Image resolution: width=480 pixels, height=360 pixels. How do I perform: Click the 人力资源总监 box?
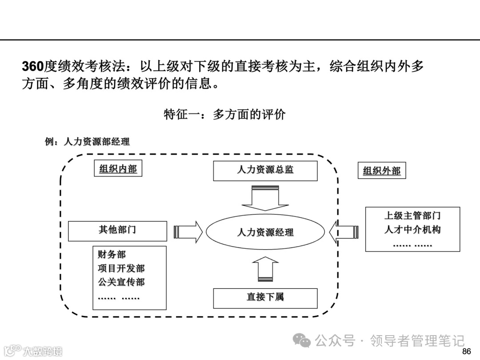pos(265,171)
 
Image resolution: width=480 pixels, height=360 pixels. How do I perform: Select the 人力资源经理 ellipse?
pos(265,232)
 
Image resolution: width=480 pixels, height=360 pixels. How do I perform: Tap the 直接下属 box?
pos(265,298)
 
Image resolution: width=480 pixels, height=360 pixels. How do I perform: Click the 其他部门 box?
pos(117,231)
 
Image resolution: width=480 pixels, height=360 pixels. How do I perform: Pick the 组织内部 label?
pos(118,169)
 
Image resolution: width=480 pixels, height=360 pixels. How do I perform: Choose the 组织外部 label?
pos(382,171)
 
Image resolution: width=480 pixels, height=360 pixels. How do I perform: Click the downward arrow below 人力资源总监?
pos(265,198)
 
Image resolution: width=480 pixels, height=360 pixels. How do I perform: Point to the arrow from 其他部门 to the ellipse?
pos(188,232)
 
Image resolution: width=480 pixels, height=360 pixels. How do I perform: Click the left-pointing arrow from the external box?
pos(344,232)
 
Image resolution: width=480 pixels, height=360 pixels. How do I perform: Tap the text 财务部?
pos(112,255)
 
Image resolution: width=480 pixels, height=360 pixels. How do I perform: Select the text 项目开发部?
pos(121,268)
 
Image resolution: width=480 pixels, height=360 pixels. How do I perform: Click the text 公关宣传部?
pos(121,282)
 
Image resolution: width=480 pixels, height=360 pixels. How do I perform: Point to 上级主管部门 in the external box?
pos(412,216)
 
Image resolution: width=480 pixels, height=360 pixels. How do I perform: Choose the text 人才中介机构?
pos(412,230)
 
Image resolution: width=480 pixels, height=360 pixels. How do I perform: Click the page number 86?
pos(466,352)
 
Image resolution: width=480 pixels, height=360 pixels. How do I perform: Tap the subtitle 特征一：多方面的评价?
pos(225,114)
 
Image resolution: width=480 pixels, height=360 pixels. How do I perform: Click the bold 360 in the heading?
pos(33,67)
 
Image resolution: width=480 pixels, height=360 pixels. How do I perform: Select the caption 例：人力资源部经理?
pos(87,142)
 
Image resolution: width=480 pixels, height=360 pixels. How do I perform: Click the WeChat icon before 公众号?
pos(304,341)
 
